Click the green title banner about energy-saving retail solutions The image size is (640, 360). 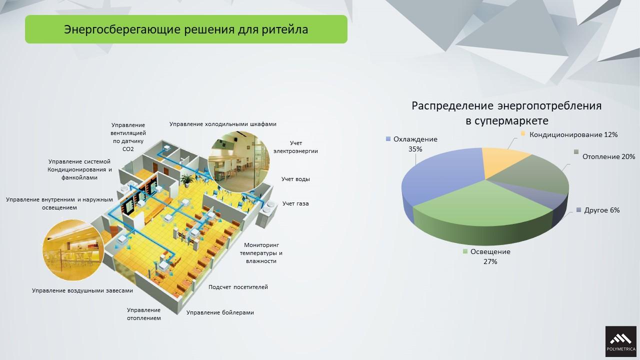pyautogui.click(x=186, y=29)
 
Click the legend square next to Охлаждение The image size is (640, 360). pyautogui.click(x=388, y=139)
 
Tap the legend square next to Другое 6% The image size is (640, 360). pyautogui.click(x=579, y=210)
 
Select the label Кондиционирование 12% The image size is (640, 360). pyautogui.click(x=573, y=134)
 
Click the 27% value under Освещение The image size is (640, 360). pyautogui.click(x=490, y=261)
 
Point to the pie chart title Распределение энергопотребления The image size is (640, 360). pyautogui.click(x=506, y=105)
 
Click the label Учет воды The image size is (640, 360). pyautogui.click(x=295, y=179)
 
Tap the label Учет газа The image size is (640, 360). pyautogui.click(x=295, y=203)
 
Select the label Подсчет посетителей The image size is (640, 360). pyautogui.click(x=238, y=287)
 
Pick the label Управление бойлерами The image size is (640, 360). pyautogui.click(x=220, y=312)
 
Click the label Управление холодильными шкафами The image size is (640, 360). pyautogui.click(x=223, y=124)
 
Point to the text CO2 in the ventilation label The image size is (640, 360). pyautogui.click(x=128, y=149)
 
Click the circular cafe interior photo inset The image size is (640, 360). pyautogui.click(x=238, y=161)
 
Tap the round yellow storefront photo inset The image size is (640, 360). pyautogui.click(x=73, y=250)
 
